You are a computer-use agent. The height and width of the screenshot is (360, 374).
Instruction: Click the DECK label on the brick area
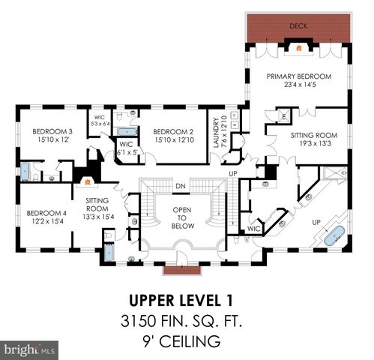pyautogui.click(x=298, y=25)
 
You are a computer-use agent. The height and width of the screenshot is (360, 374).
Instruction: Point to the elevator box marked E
pyautogui.click(x=284, y=116)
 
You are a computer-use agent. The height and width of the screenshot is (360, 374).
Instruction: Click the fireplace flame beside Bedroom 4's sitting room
pyautogui.click(x=87, y=181)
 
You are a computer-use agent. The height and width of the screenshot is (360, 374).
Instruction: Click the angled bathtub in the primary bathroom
pyautogui.click(x=331, y=235)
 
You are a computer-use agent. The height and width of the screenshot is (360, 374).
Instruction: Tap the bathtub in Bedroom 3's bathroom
pyautogui.click(x=25, y=171)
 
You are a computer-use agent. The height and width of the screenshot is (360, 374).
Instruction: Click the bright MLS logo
pyautogui.click(x=30, y=349)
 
